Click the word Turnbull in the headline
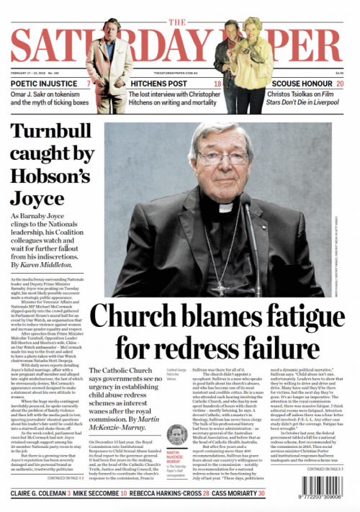pyautogui.click(x=51, y=135)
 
